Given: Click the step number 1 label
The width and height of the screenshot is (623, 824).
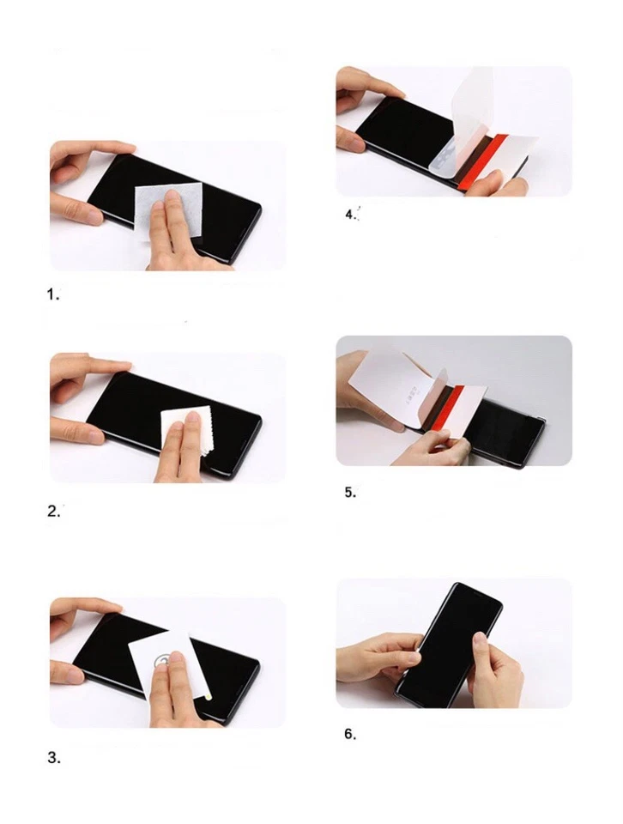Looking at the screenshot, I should point(52,294).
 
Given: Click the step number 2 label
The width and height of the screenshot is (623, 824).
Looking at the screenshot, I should point(53,511).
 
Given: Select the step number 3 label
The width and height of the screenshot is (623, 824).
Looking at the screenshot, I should point(53,758).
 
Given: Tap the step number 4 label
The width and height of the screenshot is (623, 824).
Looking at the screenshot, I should point(350,215).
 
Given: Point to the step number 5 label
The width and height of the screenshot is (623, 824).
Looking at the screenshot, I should point(349,493).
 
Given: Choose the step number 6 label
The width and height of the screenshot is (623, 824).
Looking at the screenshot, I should point(349,734).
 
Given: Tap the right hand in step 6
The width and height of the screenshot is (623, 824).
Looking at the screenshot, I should point(495,669).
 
